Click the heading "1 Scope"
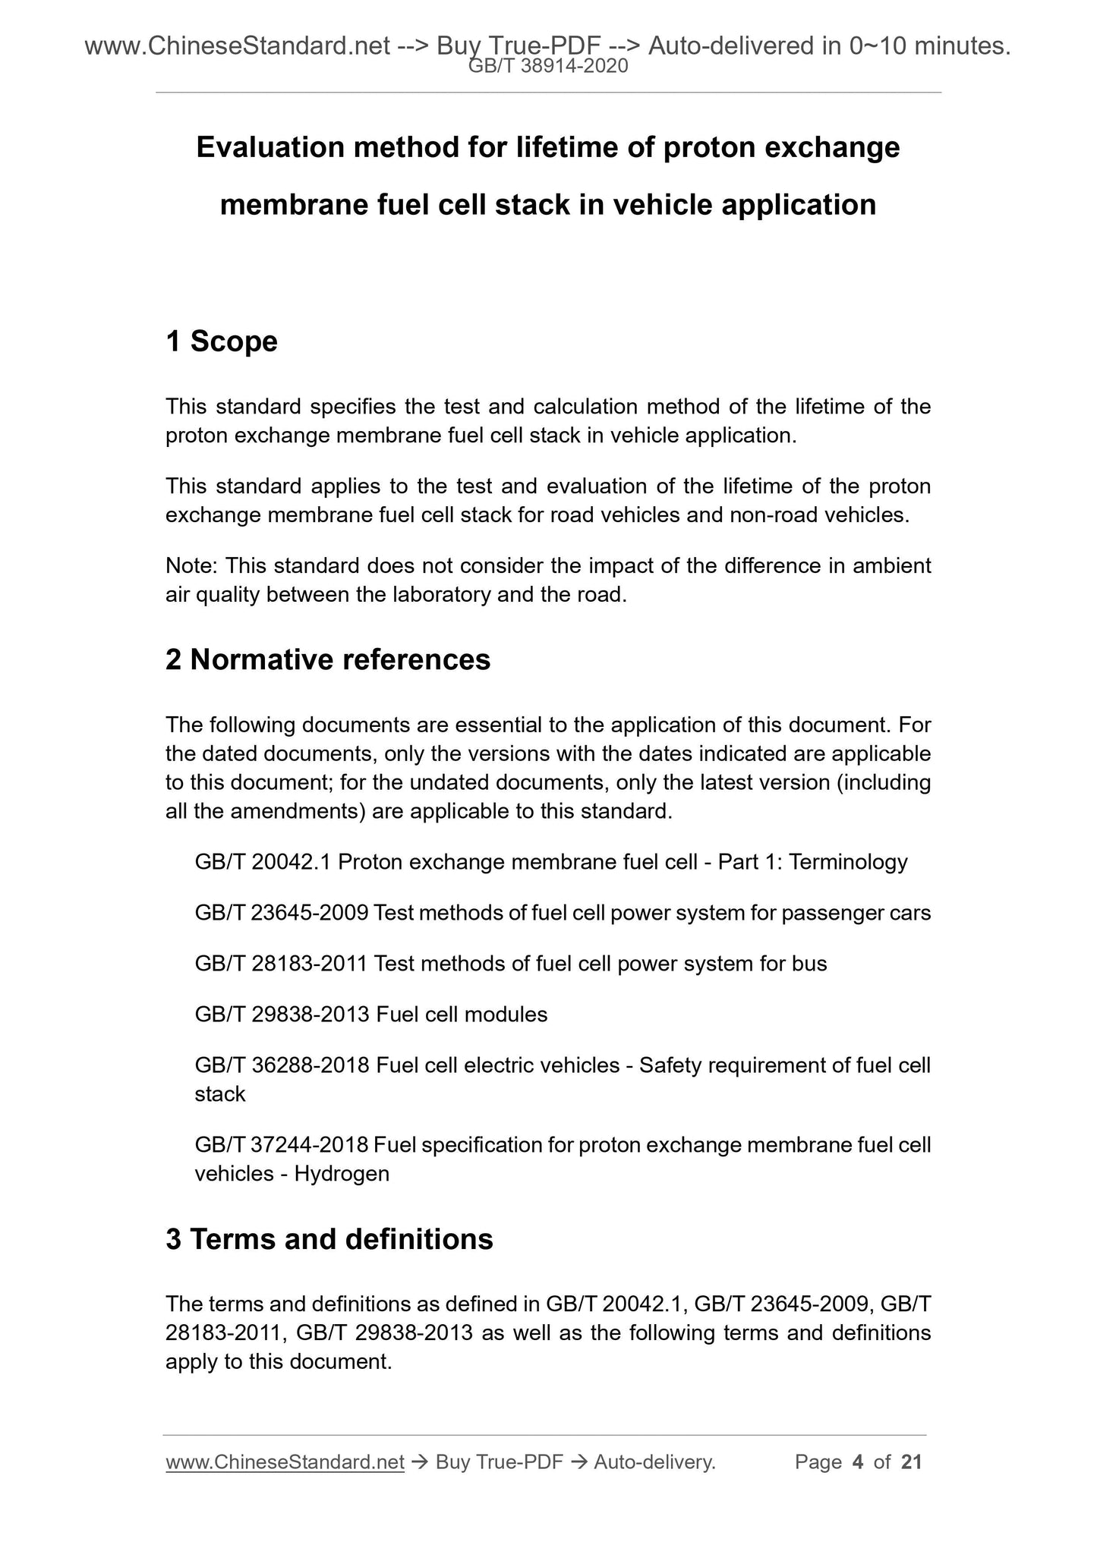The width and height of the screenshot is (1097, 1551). [222, 341]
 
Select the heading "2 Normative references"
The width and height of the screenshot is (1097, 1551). [328, 659]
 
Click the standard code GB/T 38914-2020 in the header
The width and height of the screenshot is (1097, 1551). [548, 67]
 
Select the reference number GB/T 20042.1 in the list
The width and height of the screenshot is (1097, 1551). [263, 862]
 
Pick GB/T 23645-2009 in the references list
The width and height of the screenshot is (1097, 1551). [282, 913]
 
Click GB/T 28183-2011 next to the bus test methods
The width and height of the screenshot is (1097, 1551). [282, 964]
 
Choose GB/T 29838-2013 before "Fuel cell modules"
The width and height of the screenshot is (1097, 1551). [282, 1015]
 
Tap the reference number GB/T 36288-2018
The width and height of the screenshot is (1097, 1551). [282, 1065]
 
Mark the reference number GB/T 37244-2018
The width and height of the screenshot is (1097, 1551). [282, 1145]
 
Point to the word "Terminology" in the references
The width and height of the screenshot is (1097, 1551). [848, 862]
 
